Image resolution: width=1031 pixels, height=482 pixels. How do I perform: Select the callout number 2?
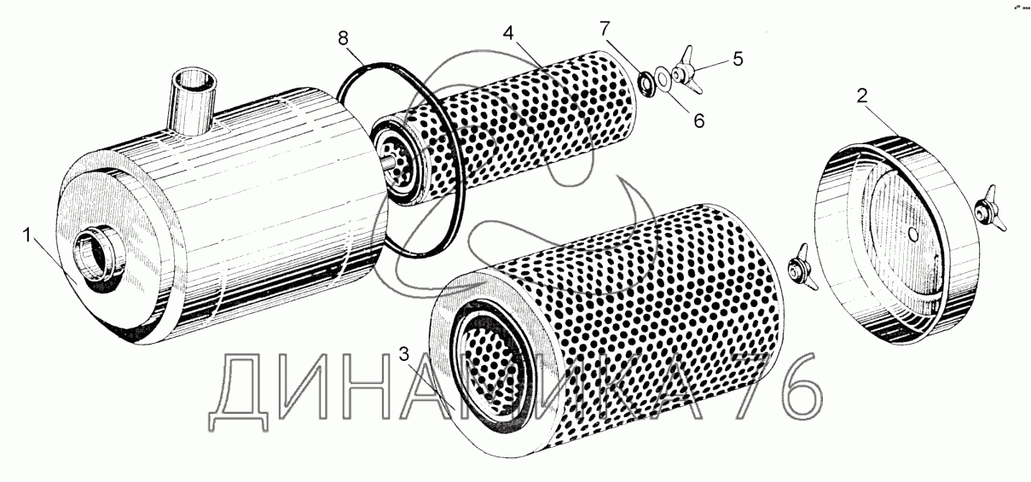(862, 96)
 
